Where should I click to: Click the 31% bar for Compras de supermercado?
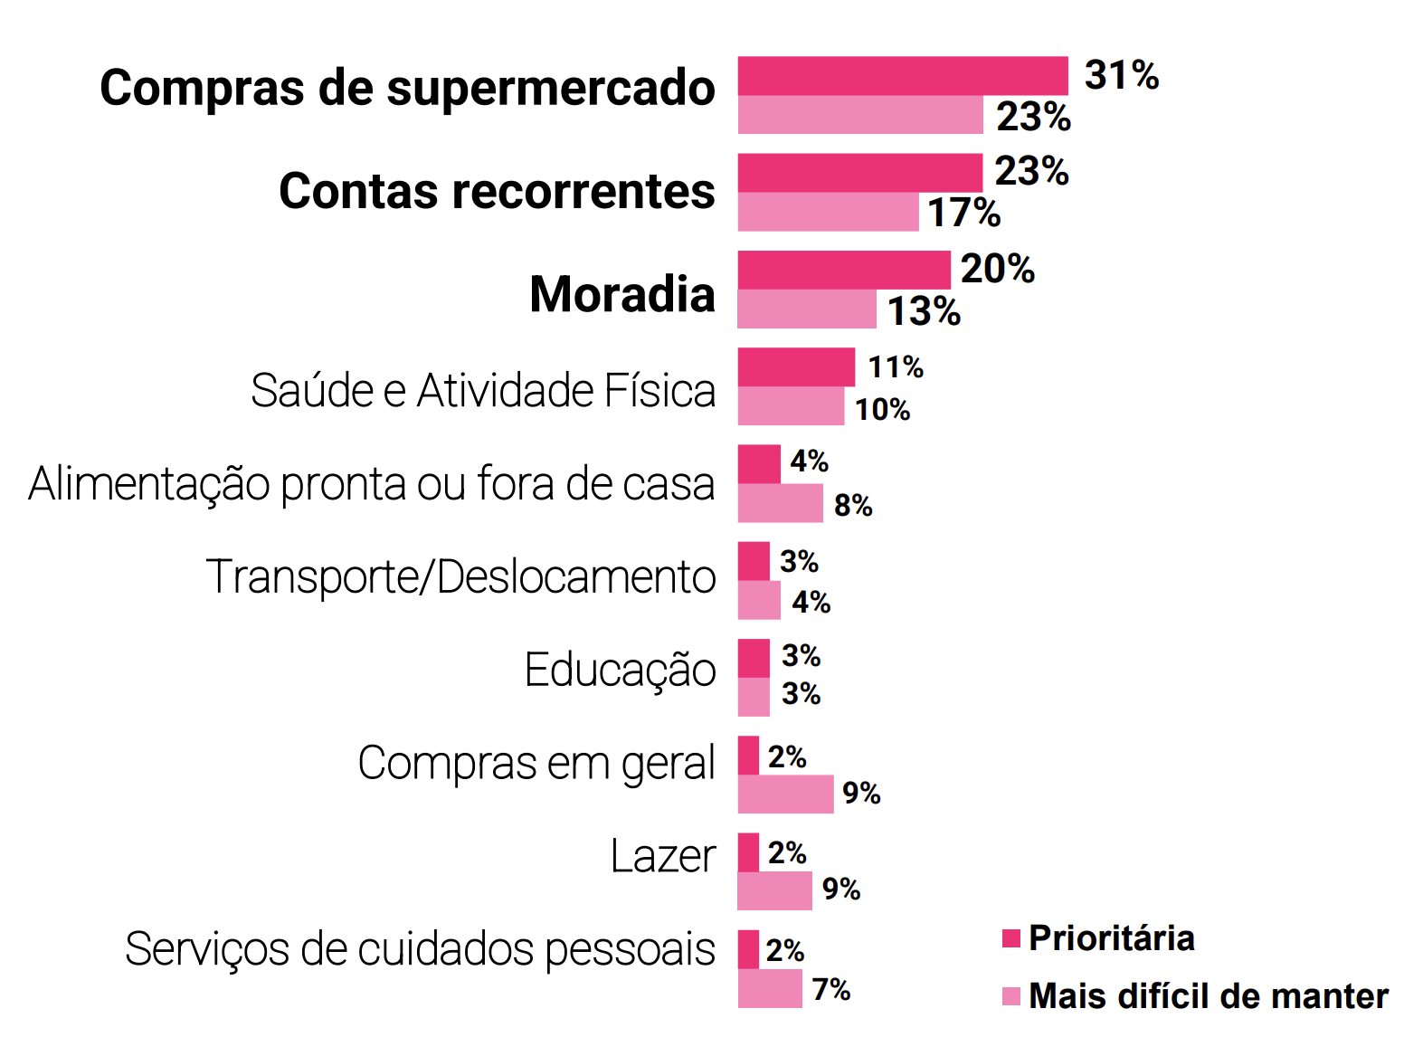pos(902,76)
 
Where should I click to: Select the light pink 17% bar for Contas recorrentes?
pos(828,212)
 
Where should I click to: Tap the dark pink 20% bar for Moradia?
pos(843,270)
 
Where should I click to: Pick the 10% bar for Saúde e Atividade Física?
pos(791,406)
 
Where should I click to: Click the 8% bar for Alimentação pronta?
pos(780,503)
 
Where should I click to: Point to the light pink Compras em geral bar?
pos(785,794)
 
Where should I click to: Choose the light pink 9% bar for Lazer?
pos(774,891)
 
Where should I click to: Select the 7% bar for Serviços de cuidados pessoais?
pos(770,988)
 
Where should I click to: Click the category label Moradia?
pos(622,294)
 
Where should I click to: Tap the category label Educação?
pos(620,671)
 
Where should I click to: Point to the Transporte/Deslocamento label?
pos(460,576)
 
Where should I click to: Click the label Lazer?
pos(663,856)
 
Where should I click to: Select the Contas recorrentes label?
pos(497,191)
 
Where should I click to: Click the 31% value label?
pos(1121,75)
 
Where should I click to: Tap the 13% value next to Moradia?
pos(924,311)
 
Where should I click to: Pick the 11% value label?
pos(896,367)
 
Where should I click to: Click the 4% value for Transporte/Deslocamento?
pos(811,602)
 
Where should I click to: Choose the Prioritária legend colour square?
pos(1011,938)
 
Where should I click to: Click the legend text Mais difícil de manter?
pos(1208,996)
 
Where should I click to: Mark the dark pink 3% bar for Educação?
pos(754,658)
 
